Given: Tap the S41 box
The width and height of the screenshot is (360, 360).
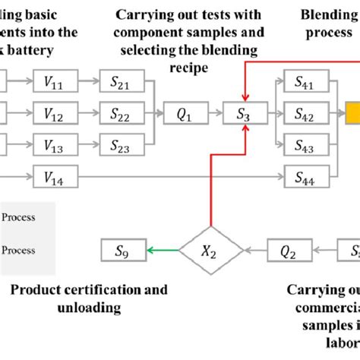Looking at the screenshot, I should pyautogui.click(x=306, y=80).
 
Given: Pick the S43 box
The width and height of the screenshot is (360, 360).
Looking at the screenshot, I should pyautogui.click(x=306, y=146).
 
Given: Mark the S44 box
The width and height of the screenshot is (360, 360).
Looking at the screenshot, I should pyautogui.click(x=306, y=178).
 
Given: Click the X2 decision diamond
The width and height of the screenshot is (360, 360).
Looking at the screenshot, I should pyautogui.click(x=210, y=249).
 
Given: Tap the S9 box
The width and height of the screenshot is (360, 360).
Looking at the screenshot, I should pyautogui.click(x=123, y=249).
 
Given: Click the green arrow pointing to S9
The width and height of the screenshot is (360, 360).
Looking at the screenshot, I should pyautogui.click(x=163, y=249).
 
